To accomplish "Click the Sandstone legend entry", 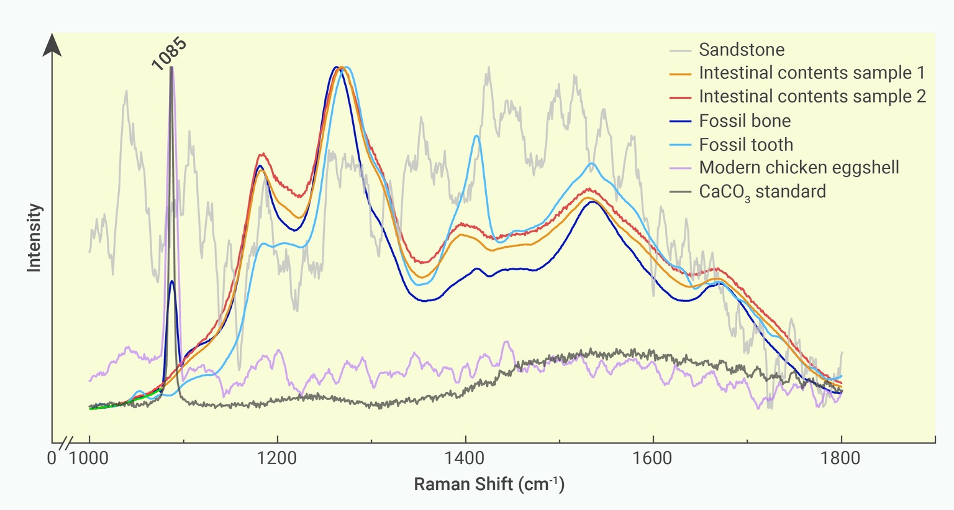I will [x=741, y=50].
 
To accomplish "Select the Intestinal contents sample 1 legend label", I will [x=812, y=73].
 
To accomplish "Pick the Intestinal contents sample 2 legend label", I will [x=812, y=97].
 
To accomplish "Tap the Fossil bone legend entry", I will [x=745, y=121].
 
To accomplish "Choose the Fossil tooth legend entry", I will [x=746, y=145].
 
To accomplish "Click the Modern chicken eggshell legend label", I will [x=799, y=168].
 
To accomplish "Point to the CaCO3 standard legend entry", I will [x=762, y=191].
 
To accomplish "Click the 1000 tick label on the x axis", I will [x=89, y=459].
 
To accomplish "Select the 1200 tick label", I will [x=277, y=459].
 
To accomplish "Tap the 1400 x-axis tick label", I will [x=465, y=459].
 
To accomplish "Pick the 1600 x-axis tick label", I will [x=653, y=459].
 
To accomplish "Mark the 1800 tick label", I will [x=841, y=459].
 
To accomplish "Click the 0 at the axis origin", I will [x=52, y=459].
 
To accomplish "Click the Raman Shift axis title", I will [x=489, y=484].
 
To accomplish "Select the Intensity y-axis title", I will [x=34, y=238].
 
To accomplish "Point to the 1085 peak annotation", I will [x=168, y=53].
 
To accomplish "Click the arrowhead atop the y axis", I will [x=52, y=45].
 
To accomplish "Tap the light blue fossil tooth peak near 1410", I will [x=476, y=136].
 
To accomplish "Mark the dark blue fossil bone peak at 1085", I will [x=172, y=281].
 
